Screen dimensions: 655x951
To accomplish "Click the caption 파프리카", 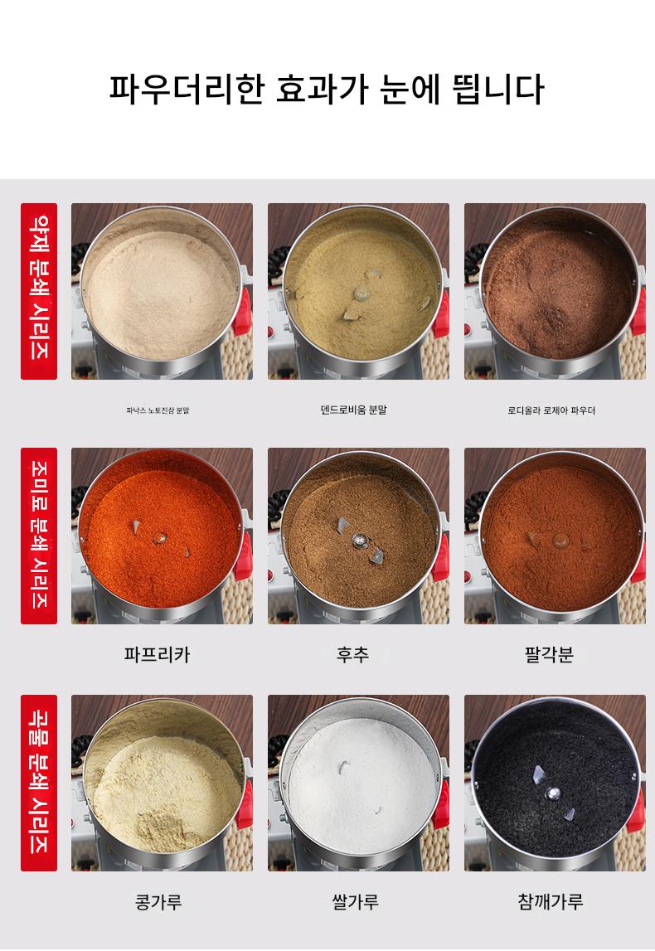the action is [157, 654].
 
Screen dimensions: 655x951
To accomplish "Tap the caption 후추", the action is [353, 654].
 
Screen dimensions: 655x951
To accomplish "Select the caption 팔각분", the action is [549, 654].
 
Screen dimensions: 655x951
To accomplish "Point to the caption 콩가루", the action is [158, 902].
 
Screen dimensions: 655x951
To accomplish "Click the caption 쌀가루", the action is [356, 902].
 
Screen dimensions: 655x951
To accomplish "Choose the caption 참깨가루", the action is [551, 902].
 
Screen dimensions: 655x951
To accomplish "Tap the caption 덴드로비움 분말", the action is [353, 410].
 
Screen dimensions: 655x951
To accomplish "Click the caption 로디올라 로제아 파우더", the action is [551, 410].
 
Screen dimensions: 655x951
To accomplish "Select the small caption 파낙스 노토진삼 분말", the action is [158, 410].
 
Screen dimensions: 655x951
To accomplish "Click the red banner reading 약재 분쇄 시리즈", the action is [39, 291].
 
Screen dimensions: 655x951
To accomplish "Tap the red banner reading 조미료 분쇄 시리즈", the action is [39, 536].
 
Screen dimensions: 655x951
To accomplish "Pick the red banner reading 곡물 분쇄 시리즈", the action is [39, 783].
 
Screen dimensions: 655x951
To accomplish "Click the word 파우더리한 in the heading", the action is [187, 90].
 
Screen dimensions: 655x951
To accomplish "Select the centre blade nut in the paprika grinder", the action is [160, 536].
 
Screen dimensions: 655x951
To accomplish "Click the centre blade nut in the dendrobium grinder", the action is [361, 294].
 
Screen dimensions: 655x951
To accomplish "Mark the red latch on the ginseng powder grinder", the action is [242, 311].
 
